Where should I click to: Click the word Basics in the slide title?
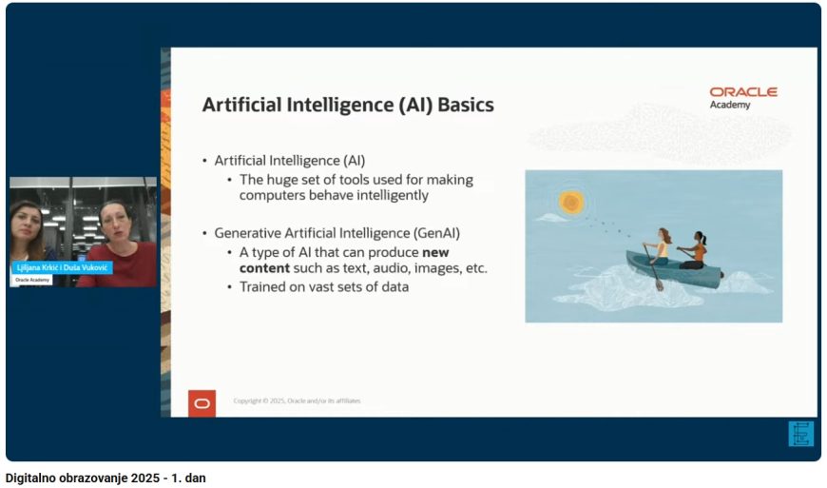coord(466,105)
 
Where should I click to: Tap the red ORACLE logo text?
coord(743,91)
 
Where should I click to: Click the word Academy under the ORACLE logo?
coord(729,105)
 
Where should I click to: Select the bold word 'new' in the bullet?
coord(435,253)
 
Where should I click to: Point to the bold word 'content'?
coord(264,268)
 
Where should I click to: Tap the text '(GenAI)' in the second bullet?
coord(436,233)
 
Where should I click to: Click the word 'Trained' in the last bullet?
coord(261,287)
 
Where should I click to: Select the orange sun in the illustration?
coord(571,202)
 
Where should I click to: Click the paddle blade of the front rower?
coord(660,284)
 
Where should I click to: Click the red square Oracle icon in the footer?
coord(202,403)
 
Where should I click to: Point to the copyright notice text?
coord(297,400)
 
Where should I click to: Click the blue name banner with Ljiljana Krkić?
coord(62,268)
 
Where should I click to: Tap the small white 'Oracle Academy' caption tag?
coord(32,280)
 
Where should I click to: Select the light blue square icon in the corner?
coord(800,434)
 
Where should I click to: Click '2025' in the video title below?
coord(145,478)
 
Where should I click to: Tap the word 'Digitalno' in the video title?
coord(30,478)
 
